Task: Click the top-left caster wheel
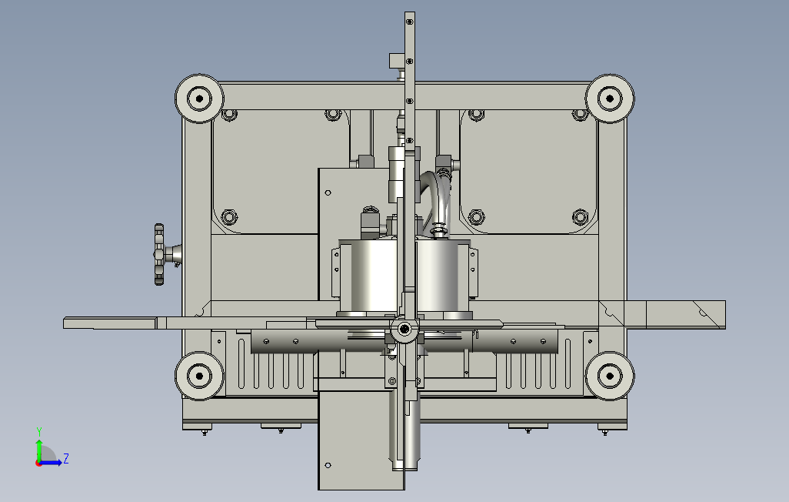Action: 199,99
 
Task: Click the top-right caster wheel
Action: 610,99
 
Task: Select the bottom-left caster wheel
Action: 199,376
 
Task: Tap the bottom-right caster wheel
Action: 610,376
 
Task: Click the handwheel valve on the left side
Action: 160,255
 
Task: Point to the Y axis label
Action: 39,432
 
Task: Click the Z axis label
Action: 66,459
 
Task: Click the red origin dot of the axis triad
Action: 38,463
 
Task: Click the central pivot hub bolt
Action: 404,330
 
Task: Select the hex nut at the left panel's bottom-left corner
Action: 229,217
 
